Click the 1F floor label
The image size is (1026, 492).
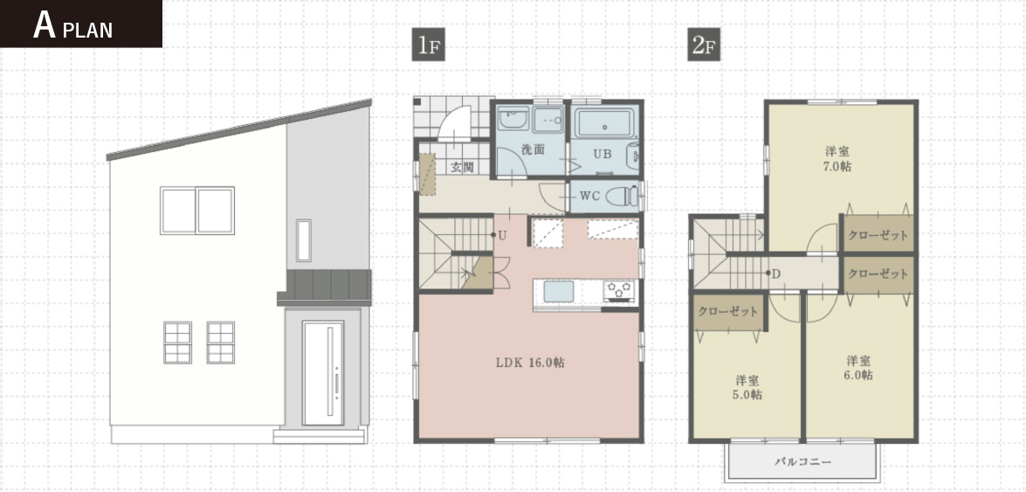click(429, 45)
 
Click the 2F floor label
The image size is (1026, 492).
click(704, 45)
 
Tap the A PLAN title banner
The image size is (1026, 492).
click(80, 24)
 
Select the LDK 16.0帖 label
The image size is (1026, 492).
click(529, 363)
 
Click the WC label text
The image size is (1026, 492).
click(589, 196)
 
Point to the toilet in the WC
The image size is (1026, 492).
click(623, 196)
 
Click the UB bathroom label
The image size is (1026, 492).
click(603, 155)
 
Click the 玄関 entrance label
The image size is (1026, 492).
click(462, 168)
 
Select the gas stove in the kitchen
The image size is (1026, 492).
click(619, 290)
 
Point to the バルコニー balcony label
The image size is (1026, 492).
click(802, 462)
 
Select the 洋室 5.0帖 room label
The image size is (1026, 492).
click(748, 387)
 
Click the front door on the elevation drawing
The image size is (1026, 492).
click(322, 373)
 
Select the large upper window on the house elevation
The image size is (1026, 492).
click(197, 211)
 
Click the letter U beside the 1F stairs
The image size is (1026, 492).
click(502, 235)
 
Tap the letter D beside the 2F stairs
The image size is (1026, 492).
click(776, 273)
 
